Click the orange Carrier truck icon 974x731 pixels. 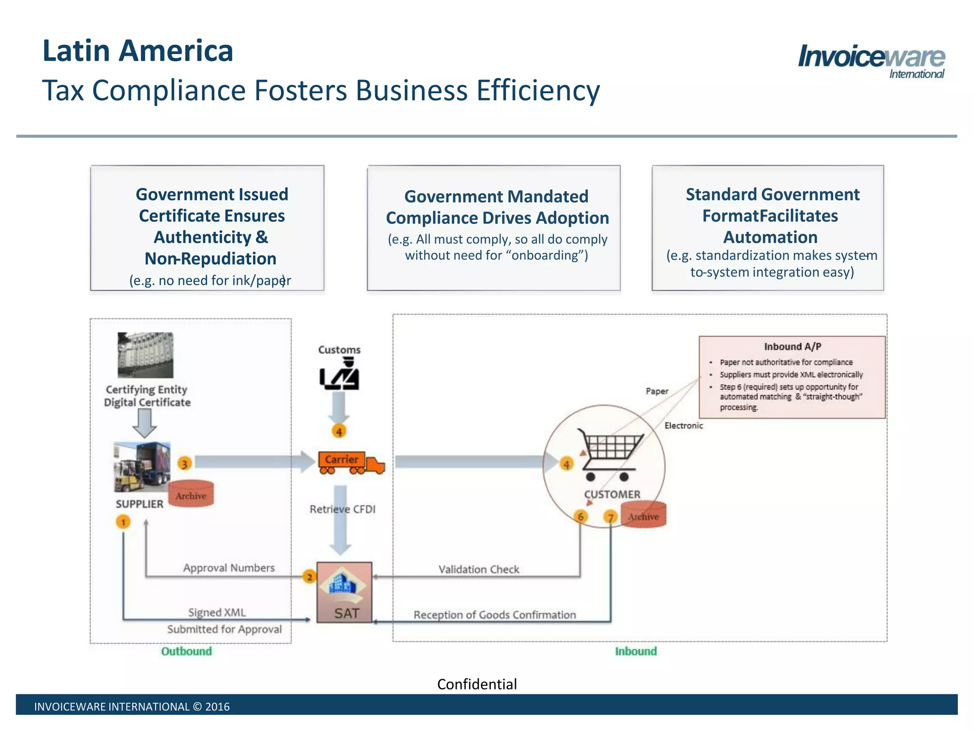(x=351, y=463)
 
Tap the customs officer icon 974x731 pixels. (x=340, y=375)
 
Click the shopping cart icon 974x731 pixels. (x=609, y=454)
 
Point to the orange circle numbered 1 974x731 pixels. (x=123, y=522)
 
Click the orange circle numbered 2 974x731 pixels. (x=310, y=577)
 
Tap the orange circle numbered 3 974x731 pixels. (x=185, y=463)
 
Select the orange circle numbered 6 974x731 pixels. (x=581, y=516)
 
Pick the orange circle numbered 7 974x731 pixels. (x=611, y=517)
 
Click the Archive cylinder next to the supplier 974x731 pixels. (x=191, y=494)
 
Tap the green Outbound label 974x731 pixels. (x=186, y=651)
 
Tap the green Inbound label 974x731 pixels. (x=636, y=651)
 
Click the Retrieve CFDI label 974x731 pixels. (x=342, y=509)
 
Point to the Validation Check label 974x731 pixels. (x=478, y=569)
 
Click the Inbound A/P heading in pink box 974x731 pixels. (x=792, y=346)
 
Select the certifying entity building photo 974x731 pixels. (x=146, y=355)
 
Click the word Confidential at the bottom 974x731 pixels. (x=477, y=684)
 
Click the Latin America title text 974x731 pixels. (x=138, y=51)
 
